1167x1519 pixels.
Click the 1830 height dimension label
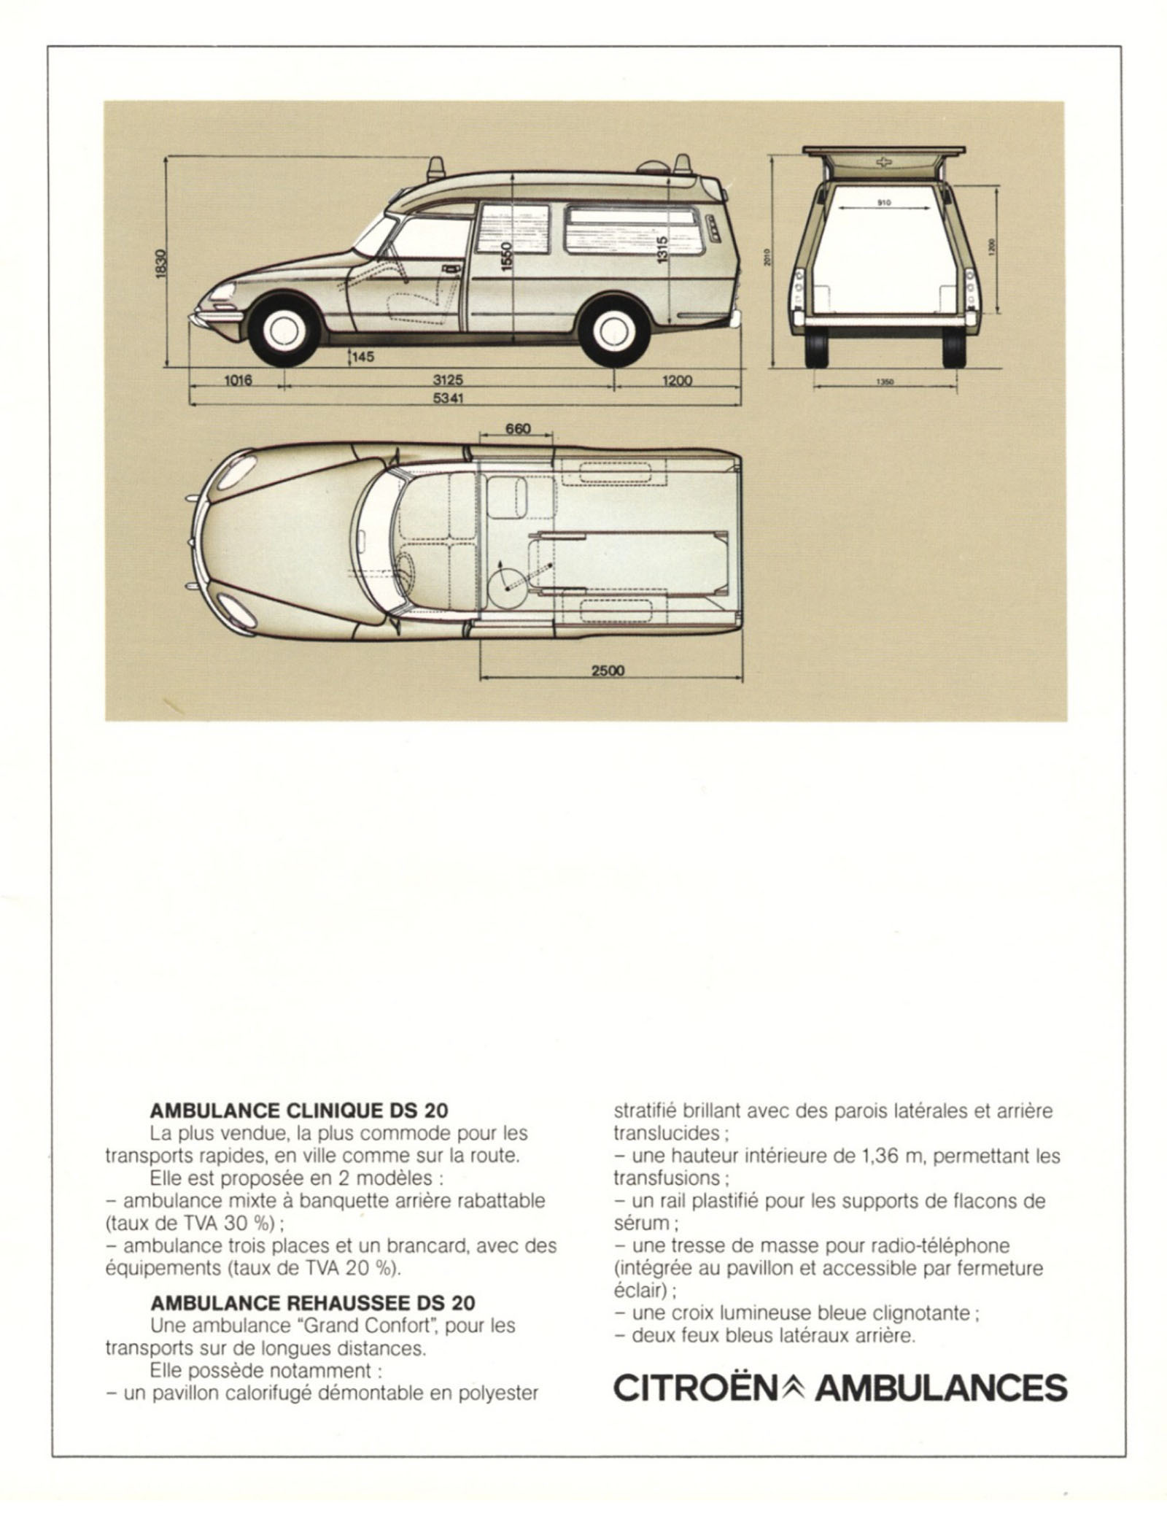click(161, 263)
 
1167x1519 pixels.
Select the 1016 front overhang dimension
click(236, 380)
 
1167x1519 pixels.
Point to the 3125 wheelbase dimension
click(448, 380)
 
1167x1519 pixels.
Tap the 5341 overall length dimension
click(448, 398)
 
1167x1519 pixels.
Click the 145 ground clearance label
click(362, 357)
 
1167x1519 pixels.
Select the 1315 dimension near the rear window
click(662, 251)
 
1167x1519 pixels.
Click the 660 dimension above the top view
click(518, 428)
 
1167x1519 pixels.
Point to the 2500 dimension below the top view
click(608, 670)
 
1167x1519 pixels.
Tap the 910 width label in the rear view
click(883, 203)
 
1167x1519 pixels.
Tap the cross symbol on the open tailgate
click(883, 162)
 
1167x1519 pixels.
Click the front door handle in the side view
click(451, 268)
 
